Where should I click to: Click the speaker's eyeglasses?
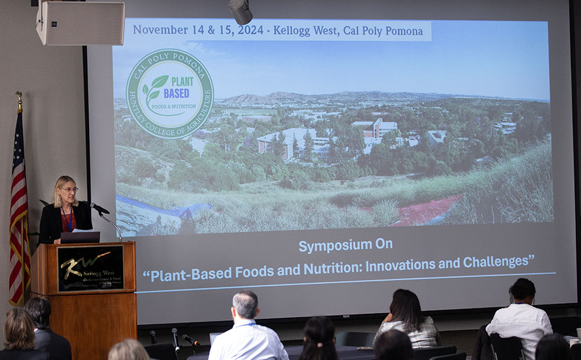coord(68,189)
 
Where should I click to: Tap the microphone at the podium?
coord(99,208)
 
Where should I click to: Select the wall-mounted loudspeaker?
coord(80,23)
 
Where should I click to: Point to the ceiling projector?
coord(240,11)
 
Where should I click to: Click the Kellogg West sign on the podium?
coord(90,268)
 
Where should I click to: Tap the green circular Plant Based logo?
coord(169,94)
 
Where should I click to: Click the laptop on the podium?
coord(80,237)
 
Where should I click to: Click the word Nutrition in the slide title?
coord(330,269)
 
